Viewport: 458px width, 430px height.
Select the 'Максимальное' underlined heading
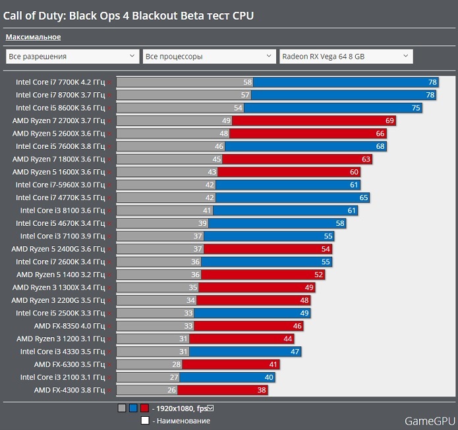pyautogui.click(x=33, y=37)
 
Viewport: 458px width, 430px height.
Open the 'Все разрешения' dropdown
pyautogui.click(x=72, y=57)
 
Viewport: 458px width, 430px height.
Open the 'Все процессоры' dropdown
pyautogui.click(x=209, y=57)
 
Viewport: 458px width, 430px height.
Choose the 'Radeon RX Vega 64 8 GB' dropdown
pyautogui.click(x=346, y=57)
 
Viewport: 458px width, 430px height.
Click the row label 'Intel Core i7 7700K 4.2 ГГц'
pyautogui.click(x=60, y=82)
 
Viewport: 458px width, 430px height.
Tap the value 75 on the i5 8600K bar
pyautogui.click(x=416, y=108)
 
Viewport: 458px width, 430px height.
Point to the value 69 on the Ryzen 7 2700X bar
pyautogui.click(x=389, y=121)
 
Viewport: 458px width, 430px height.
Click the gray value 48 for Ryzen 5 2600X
pyautogui.click(x=224, y=134)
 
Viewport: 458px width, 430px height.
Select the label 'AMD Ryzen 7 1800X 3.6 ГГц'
pyautogui.click(x=59, y=159)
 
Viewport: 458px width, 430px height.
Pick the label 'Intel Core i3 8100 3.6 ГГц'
pyautogui.click(x=63, y=211)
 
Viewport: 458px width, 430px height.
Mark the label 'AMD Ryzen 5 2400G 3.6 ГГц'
pyautogui.click(x=59, y=249)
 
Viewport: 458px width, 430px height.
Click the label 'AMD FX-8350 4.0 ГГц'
pyautogui.click(x=70, y=326)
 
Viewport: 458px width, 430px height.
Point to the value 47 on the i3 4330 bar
pyautogui.click(x=295, y=352)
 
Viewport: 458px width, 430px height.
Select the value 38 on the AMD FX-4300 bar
pyautogui.click(x=262, y=390)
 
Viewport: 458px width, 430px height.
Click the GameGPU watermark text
pyautogui.click(x=429, y=419)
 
